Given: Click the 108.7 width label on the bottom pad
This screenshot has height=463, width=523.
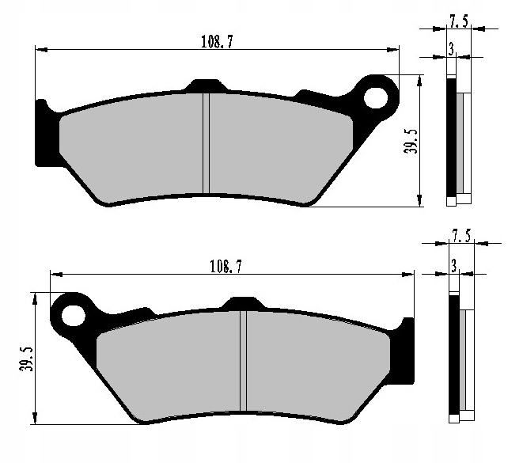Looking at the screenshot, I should [225, 267].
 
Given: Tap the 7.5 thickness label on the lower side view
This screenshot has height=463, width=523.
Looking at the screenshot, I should [461, 236].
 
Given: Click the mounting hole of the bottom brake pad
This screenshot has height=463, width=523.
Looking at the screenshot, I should [73, 313].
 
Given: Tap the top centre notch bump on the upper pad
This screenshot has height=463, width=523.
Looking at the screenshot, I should [204, 84].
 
